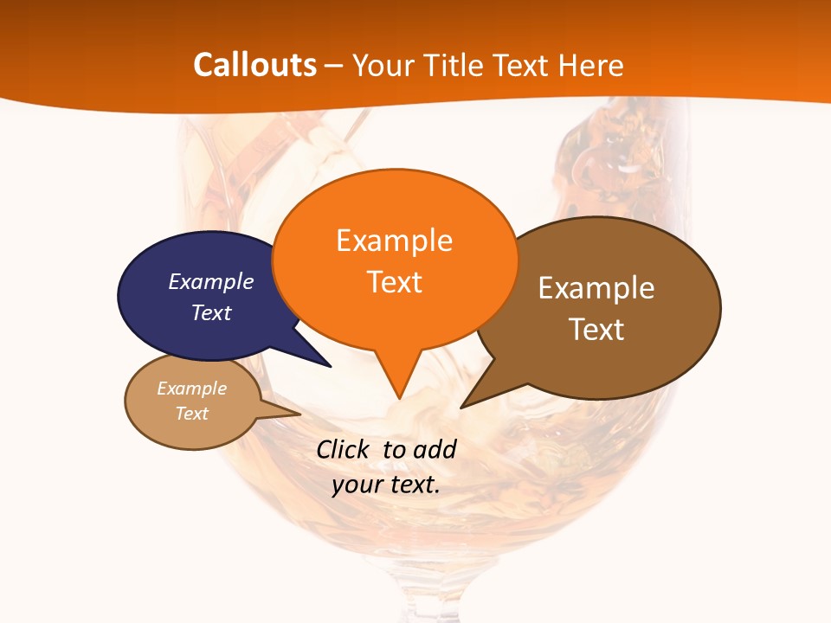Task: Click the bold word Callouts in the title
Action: pyautogui.click(x=254, y=65)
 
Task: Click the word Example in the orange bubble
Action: pyautogui.click(x=394, y=241)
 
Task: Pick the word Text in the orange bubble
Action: pyautogui.click(x=394, y=282)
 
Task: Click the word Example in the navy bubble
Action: pyautogui.click(x=210, y=281)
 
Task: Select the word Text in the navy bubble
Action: pyautogui.click(x=210, y=312)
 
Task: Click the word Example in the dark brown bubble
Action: pyautogui.click(x=596, y=288)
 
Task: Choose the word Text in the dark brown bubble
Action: pyautogui.click(x=596, y=330)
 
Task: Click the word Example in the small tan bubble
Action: pyautogui.click(x=191, y=389)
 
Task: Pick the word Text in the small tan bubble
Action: pyautogui.click(x=191, y=414)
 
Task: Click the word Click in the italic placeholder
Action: pyautogui.click(x=345, y=449)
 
